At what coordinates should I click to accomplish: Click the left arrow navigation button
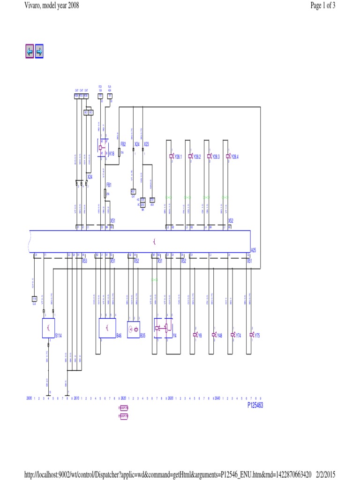[x=30, y=52]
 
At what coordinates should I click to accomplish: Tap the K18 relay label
[x=112, y=153]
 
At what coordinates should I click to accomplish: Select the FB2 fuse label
[x=123, y=144]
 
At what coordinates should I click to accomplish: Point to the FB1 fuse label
[x=109, y=185]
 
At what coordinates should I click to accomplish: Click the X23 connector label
[x=146, y=144]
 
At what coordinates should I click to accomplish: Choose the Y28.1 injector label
[x=178, y=157]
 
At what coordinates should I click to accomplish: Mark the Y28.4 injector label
[x=234, y=157]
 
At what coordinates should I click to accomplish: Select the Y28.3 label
[x=216, y=157]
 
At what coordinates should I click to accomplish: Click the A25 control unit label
[x=254, y=250]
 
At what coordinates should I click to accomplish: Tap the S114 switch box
[x=48, y=328]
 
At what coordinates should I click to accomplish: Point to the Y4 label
[x=175, y=335]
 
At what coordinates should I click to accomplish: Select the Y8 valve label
[x=199, y=336]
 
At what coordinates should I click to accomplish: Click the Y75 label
[x=257, y=336]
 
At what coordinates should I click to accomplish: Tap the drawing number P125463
[x=255, y=405]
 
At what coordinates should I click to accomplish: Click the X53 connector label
[x=85, y=261]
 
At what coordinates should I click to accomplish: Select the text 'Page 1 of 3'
[x=323, y=5]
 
